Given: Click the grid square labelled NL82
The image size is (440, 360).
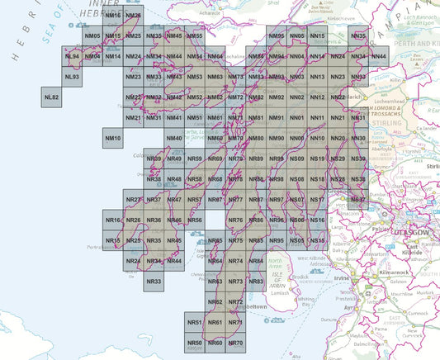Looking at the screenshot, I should coord(52,97).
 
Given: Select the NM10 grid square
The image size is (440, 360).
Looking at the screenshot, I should coord(113,138).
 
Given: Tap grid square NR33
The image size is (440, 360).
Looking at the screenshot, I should coord(154,282).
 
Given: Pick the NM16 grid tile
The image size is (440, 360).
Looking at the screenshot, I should coord(113,17).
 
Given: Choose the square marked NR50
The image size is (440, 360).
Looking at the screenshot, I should coord(194,343).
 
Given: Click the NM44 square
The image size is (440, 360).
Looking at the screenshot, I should coord(173,56).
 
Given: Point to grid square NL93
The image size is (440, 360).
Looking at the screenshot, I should coord(73,77).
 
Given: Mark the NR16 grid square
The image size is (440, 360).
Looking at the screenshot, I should coord(113,220).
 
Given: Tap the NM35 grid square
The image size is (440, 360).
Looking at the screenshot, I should coord(154,36).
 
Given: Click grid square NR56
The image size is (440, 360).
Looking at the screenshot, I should coord(194,220).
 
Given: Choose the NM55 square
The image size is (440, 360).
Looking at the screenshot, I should coord(194,36).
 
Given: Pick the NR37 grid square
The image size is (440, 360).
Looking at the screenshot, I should coord(154,200).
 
